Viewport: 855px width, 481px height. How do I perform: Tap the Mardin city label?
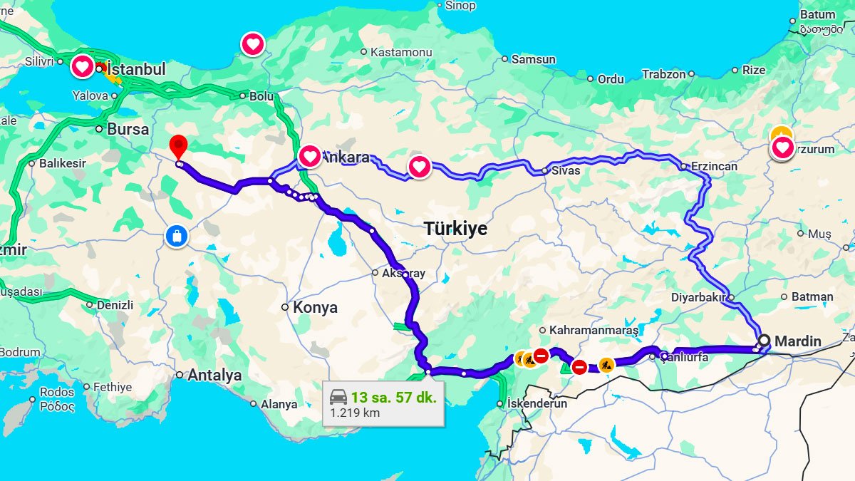click(x=797, y=341)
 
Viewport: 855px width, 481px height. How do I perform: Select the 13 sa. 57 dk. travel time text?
click(x=393, y=397)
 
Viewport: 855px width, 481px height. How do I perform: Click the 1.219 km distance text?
click(x=355, y=413)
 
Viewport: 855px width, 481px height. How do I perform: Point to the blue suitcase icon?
click(x=176, y=236)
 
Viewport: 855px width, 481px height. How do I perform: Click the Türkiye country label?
click(x=456, y=229)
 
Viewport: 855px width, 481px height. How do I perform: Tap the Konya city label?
click(x=315, y=308)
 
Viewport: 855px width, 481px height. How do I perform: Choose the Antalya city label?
click(x=214, y=375)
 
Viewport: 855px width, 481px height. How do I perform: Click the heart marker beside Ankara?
click(x=310, y=155)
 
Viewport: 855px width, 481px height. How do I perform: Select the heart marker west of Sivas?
click(x=420, y=167)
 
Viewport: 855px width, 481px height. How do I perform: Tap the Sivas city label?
click(x=566, y=171)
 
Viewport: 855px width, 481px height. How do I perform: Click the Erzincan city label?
click(x=713, y=166)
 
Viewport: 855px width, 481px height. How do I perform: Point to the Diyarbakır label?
click(x=698, y=297)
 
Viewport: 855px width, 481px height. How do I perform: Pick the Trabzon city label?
click(x=663, y=74)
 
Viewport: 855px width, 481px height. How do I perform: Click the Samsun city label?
click(x=533, y=60)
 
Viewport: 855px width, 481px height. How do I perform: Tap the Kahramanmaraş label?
click(x=589, y=330)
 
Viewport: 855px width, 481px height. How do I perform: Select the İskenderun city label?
click(x=537, y=403)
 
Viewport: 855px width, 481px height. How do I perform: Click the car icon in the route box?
click(x=338, y=397)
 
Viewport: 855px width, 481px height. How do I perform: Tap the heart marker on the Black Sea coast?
click(x=253, y=44)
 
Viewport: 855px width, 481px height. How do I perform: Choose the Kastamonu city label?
click(x=401, y=52)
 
